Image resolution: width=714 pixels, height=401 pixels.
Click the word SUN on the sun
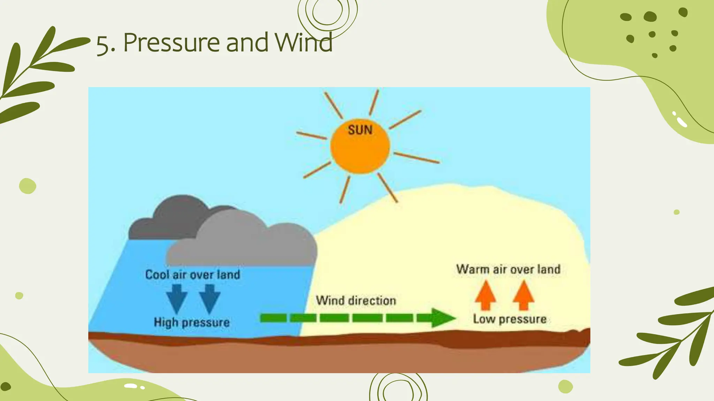[360, 130]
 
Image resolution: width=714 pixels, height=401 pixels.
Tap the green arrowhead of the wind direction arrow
[442, 317]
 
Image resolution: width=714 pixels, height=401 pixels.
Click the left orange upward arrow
[485, 295]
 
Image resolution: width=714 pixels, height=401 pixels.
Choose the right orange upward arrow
[523, 295]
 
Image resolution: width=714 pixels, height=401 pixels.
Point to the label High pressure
[192, 322]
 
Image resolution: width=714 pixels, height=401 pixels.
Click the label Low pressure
[510, 319]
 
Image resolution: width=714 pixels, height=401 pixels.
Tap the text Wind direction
[356, 300]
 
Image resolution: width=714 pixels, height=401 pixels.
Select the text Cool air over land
[193, 275]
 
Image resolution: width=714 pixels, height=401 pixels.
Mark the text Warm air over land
[508, 269]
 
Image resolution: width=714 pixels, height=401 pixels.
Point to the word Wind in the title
[303, 43]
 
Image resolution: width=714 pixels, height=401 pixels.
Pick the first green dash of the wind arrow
[273, 317]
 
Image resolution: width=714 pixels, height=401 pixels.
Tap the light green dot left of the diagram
[28, 186]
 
